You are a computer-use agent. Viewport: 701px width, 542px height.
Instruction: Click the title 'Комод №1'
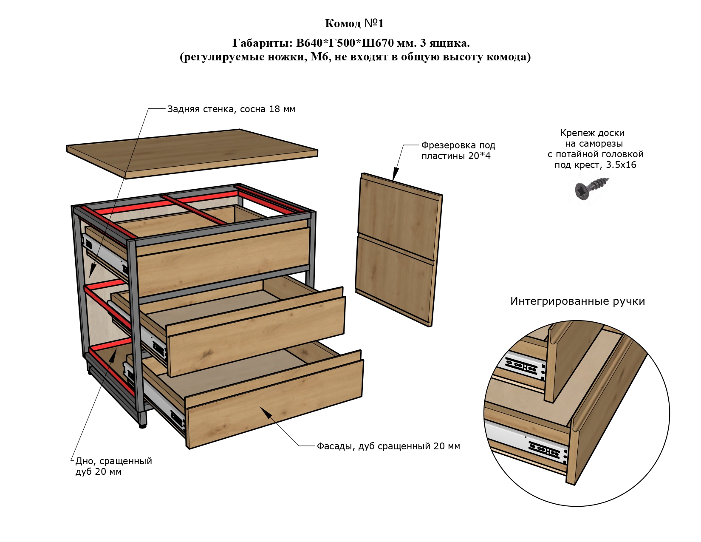354,23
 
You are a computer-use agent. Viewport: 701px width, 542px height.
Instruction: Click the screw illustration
592,188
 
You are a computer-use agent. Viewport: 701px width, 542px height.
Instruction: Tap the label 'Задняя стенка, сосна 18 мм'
231,109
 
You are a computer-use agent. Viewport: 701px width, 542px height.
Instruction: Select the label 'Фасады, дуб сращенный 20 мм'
388,446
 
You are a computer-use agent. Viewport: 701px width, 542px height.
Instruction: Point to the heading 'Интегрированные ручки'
577,301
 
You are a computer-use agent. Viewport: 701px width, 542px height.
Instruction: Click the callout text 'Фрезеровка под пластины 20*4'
458,150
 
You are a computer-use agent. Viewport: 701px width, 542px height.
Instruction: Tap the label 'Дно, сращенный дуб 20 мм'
113,466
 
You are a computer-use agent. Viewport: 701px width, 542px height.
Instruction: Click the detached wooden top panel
192,153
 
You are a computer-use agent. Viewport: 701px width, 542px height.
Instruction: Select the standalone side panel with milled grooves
399,249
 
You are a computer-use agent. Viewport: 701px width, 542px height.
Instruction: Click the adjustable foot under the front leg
142,426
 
